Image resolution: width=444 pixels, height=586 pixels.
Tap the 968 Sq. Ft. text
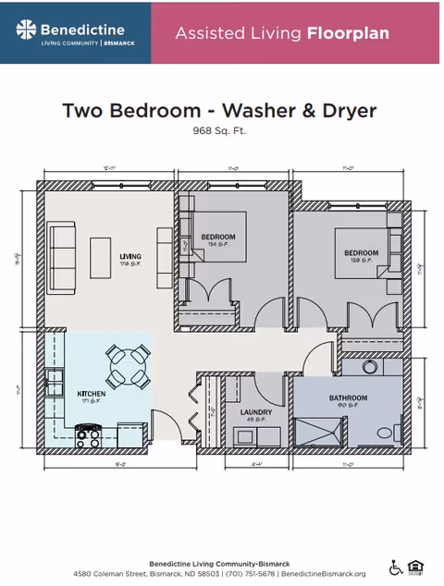tap(219, 131)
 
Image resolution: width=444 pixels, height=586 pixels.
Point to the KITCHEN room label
tap(91, 395)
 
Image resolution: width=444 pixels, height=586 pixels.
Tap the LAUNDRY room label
tap(254, 412)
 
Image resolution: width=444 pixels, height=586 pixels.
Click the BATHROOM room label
tap(348, 398)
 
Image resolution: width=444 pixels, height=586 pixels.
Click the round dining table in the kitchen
tap(129, 366)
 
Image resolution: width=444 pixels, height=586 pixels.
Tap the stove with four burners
tap(88, 432)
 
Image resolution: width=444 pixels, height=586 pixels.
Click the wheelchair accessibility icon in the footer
tap(395, 567)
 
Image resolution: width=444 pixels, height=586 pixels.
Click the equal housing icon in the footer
tap(415, 567)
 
